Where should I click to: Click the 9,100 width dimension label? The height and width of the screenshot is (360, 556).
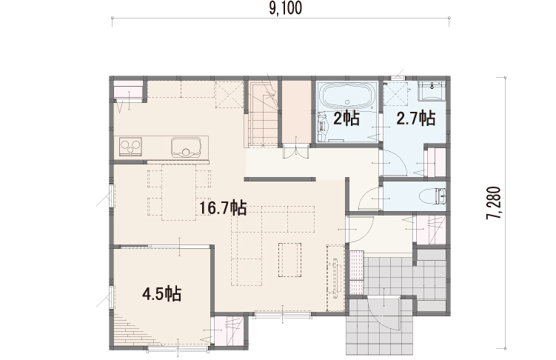[286, 8]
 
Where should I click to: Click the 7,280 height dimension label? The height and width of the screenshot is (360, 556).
[494, 203]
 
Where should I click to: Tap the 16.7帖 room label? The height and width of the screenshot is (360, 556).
[223, 207]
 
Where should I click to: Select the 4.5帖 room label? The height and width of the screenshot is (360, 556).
[161, 293]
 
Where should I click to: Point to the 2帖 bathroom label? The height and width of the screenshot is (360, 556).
[346, 119]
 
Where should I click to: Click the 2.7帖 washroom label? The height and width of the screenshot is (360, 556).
[415, 118]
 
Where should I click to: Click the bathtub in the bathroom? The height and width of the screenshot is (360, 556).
[347, 95]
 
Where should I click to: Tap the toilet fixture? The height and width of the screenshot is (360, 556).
[432, 196]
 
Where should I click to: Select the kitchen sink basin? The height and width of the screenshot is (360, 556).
[186, 147]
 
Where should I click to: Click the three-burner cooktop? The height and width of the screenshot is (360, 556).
[130, 146]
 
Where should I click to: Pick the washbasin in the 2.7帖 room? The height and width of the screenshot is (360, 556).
[432, 91]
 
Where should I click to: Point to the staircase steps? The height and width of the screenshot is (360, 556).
[263, 113]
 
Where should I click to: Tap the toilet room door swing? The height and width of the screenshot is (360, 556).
[371, 199]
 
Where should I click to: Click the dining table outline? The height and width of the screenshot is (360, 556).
[178, 192]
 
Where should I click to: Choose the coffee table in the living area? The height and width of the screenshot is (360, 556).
[289, 259]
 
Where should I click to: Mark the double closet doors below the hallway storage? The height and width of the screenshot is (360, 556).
[295, 150]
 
